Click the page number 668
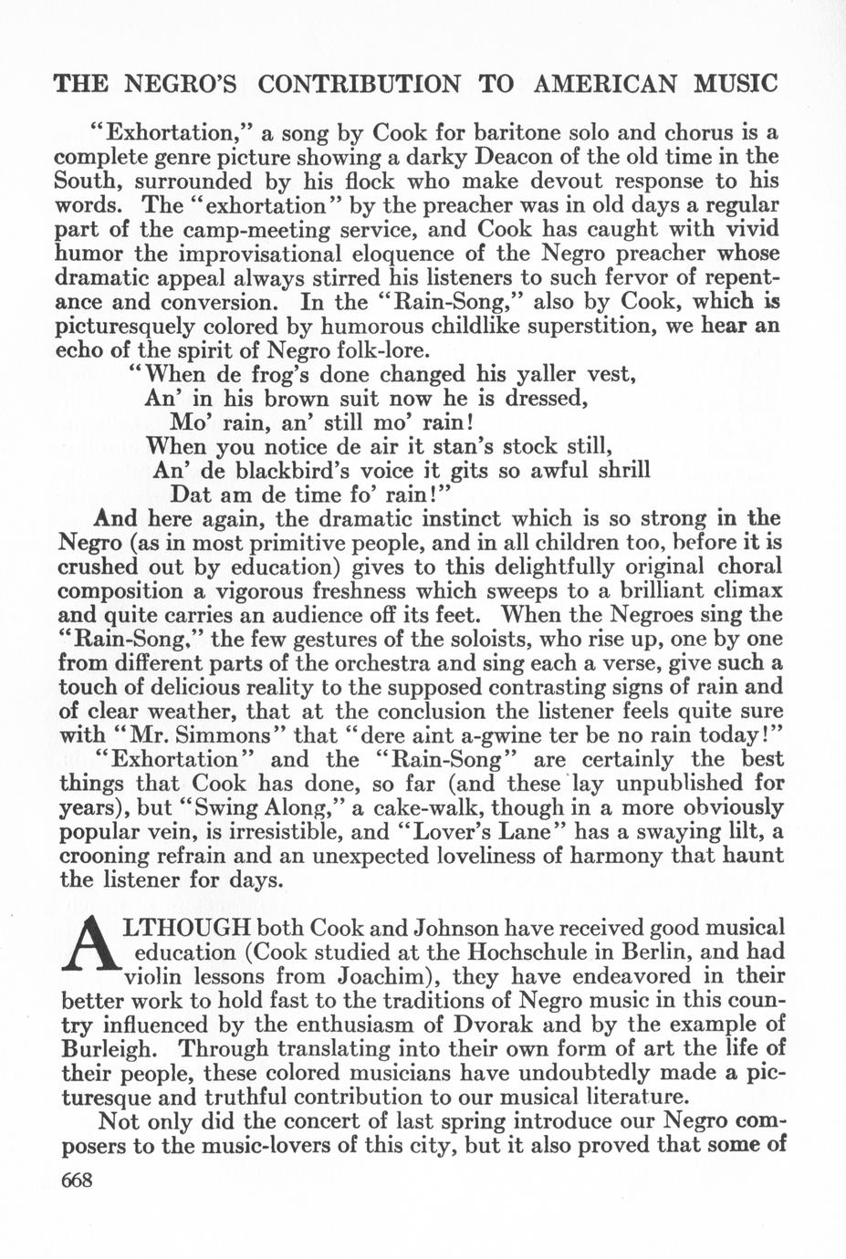coord(77,1180)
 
